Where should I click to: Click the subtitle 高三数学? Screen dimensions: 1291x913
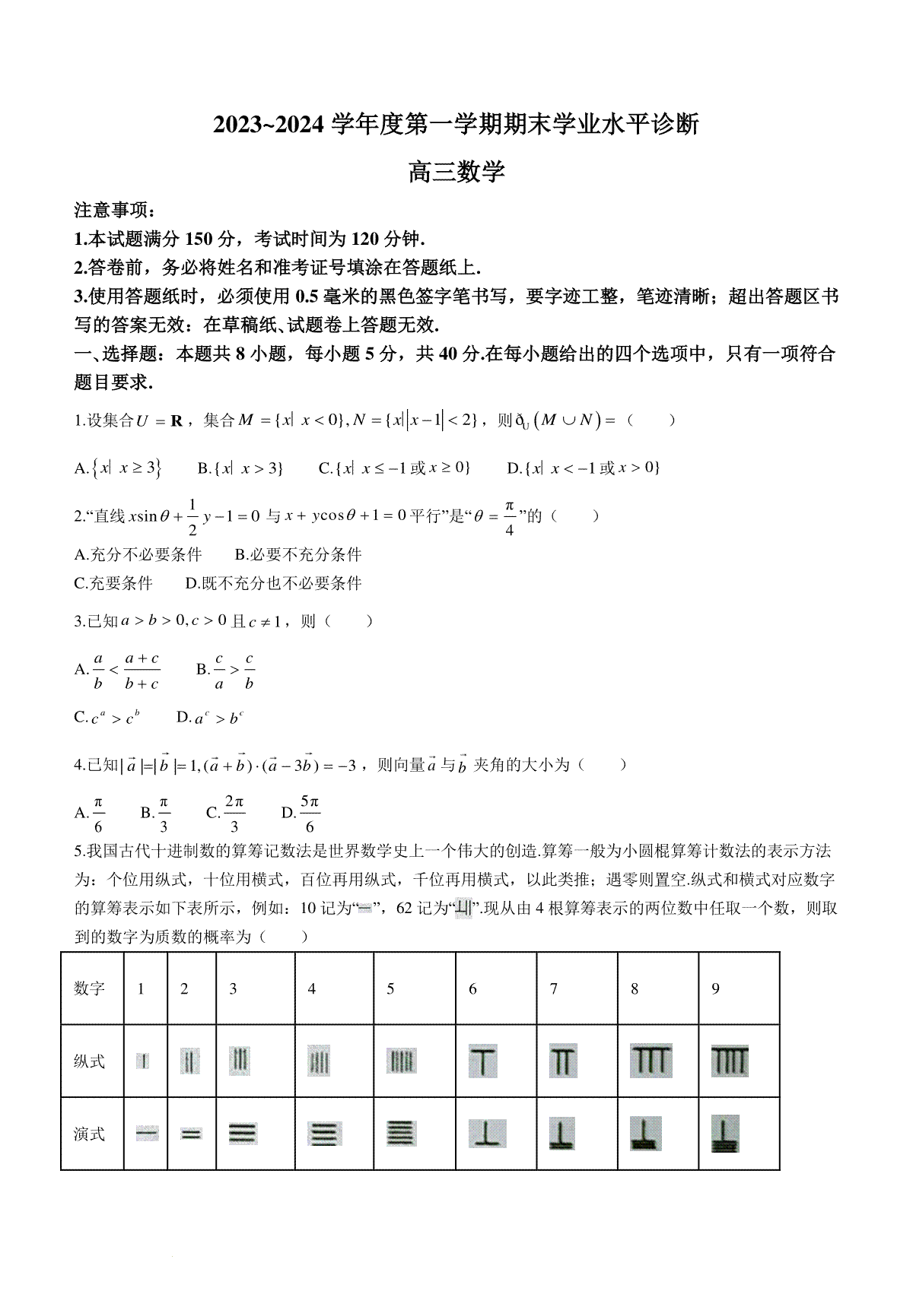click(x=456, y=173)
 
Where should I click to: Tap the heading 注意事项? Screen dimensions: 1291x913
click(x=114, y=211)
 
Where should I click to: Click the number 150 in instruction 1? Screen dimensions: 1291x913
click(x=201, y=239)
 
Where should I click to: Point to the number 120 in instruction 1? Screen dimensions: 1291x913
click(x=365, y=239)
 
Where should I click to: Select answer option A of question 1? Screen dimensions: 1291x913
click(x=118, y=468)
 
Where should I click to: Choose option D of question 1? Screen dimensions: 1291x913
click(x=583, y=468)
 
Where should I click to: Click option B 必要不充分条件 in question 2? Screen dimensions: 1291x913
click(x=298, y=555)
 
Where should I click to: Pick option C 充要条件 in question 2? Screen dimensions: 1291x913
click(x=113, y=583)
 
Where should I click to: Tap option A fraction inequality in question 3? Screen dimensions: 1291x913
click(x=117, y=671)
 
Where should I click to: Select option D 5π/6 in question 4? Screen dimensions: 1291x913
click(x=301, y=814)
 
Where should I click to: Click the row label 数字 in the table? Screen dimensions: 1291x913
click(x=89, y=988)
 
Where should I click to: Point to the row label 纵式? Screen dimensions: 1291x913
click(x=89, y=1061)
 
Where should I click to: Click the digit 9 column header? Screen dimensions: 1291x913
click(x=715, y=988)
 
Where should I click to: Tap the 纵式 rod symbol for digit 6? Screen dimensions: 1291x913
click(x=483, y=1061)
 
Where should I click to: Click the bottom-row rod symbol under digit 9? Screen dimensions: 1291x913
click(x=725, y=1134)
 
